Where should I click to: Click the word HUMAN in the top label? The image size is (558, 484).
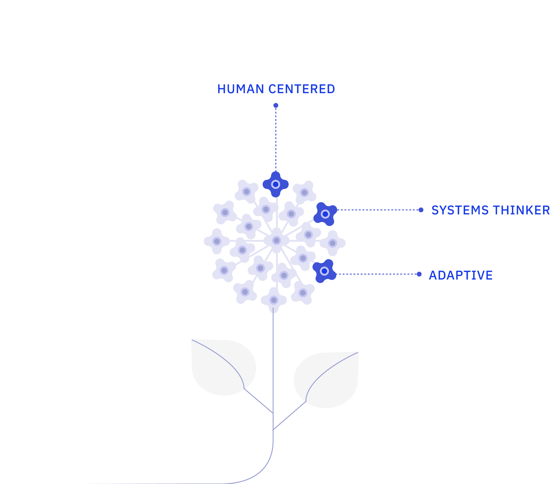tap(241, 89)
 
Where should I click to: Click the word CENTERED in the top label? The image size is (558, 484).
tap(302, 89)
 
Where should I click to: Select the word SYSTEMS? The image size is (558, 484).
tap(460, 210)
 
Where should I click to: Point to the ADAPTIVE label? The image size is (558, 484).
tap(461, 275)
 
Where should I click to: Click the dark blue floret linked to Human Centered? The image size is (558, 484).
tap(276, 185)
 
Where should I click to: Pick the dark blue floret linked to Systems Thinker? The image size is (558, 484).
tap(325, 214)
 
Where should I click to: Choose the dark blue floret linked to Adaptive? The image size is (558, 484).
tap(324, 271)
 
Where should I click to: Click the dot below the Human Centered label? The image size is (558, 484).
tap(276, 105)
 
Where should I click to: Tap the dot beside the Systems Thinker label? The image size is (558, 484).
tap(421, 210)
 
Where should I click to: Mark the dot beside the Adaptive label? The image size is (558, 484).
tap(419, 274)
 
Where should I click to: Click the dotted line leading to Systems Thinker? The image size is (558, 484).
tap(378, 210)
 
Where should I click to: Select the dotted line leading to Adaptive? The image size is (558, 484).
tap(377, 274)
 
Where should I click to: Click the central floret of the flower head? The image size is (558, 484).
tap(277, 240)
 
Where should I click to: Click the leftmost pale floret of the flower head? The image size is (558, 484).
tap(217, 241)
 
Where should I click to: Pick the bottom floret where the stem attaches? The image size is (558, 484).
tap(274, 300)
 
